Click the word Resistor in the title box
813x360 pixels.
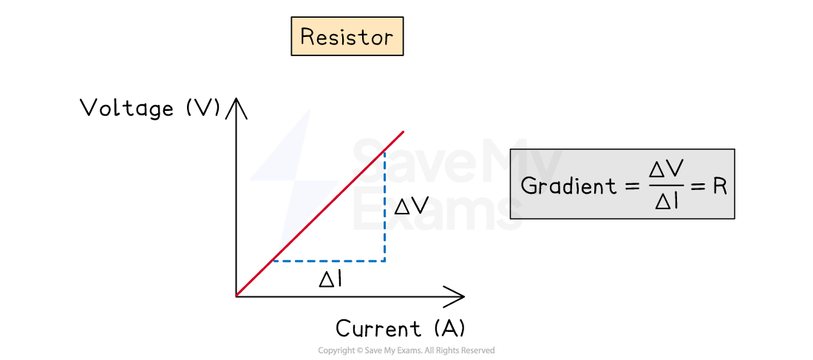(347, 37)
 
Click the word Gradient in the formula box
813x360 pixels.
(568, 186)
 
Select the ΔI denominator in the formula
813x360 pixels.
(666, 201)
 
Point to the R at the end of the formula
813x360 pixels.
(720, 186)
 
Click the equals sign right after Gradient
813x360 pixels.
(630, 186)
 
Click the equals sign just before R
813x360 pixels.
(699, 186)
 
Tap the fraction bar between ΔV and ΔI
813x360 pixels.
(666, 186)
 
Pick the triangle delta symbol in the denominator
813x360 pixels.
(661, 201)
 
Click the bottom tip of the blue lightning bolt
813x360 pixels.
(278, 251)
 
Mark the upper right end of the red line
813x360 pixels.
(403, 132)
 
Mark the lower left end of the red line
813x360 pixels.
(237, 296)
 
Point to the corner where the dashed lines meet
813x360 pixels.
(384, 260)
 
